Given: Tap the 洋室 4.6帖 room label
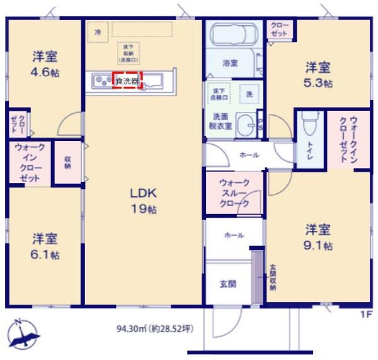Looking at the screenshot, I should click(46, 64).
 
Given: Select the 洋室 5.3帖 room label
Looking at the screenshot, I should click(319, 74).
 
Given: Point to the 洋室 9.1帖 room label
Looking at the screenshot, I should click(319, 236).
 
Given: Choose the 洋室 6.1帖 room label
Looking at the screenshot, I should click(46, 246).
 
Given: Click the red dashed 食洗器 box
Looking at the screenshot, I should click(127, 81).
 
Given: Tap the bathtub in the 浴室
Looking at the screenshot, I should click(229, 37).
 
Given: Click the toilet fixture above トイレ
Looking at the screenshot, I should click(307, 127).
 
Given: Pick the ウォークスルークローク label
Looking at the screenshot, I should click(234, 193).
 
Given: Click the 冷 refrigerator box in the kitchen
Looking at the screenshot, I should click(98, 31).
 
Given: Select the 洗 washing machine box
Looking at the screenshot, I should click(249, 94).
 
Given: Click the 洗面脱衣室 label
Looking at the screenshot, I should click(224, 120).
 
